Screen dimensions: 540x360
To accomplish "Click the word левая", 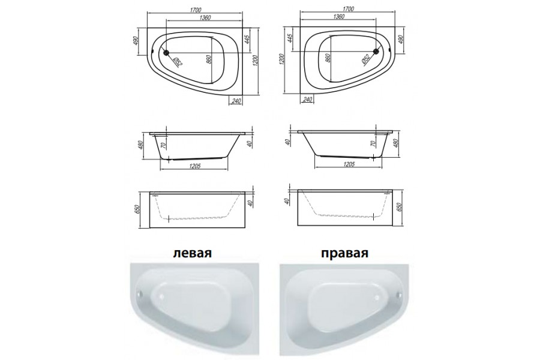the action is point(193,253).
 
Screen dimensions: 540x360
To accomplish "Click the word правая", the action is point(345,254).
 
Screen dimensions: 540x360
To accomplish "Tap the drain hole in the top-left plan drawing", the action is point(166,52).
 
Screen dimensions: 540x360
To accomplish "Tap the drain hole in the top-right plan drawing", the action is point(376,52).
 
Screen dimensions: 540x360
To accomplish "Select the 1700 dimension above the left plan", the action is point(196,10).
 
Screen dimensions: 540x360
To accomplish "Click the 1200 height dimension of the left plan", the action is point(255,61).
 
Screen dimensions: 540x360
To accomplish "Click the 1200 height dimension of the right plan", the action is point(281,60).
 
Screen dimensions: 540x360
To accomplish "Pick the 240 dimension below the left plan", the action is point(236,100).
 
